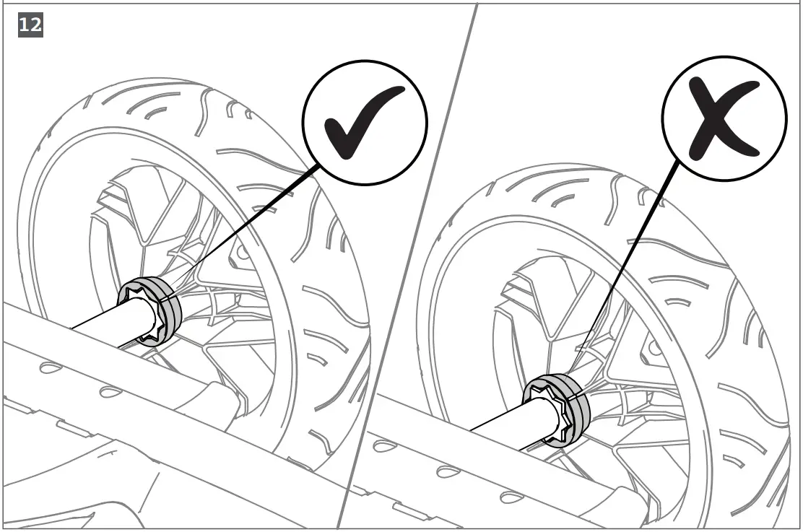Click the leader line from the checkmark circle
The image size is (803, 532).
point(246,231)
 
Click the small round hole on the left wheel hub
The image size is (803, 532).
point(241,252)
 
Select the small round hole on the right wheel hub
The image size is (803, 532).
point(654,348)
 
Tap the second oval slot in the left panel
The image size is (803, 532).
point(109,391)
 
